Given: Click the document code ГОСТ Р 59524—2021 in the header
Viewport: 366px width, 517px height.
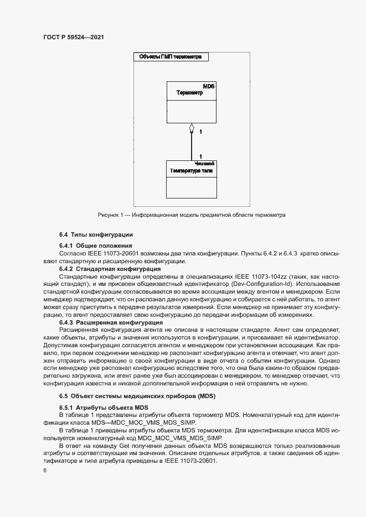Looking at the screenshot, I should click(x=73, y=36).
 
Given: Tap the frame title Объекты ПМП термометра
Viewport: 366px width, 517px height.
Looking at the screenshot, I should click(x=171, y=56).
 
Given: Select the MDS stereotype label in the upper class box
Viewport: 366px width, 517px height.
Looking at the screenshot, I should click(x=209, y=87).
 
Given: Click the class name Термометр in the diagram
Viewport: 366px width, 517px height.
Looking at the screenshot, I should click(x=189, y=93).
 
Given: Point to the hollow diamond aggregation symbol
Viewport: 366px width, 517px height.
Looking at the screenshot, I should click(x=192, y=128).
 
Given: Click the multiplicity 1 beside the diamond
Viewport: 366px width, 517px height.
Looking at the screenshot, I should click(x=200, y=132).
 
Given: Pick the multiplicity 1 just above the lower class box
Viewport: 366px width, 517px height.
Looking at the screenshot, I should click(x=200, y=156).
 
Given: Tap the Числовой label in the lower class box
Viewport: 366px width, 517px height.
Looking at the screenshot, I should click(x=205, y=164).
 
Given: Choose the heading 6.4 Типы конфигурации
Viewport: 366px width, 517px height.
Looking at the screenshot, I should click(x=96, y=235).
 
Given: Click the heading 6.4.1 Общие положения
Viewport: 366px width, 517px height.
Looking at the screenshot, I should click(x=95, y=245).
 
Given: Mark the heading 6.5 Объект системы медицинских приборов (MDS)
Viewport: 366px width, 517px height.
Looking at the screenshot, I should click(x=137, y=396).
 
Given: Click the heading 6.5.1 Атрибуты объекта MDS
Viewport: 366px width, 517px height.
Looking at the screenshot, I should click(x=104, y=407).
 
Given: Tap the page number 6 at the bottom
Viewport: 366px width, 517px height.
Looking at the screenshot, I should click(x=45, y=471).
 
